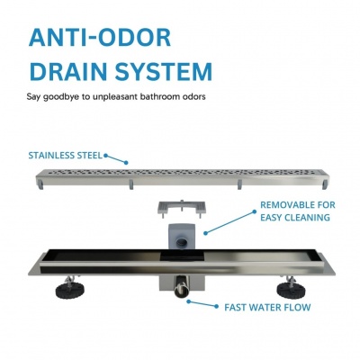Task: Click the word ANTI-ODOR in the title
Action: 100,38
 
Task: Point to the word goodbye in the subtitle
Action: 62,97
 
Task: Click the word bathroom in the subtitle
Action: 160,97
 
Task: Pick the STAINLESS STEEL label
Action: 66,156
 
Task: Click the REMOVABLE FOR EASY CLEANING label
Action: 298,211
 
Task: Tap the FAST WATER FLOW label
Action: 267,307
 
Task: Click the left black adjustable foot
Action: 69,288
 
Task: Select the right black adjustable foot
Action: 291,288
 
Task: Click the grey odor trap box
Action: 182,237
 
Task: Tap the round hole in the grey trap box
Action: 182,242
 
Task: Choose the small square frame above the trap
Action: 182,208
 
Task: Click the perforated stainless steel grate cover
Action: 182,178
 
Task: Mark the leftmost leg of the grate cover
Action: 40,184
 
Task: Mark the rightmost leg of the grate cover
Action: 324,184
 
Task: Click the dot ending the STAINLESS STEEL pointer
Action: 126,163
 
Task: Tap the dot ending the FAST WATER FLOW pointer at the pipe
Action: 188,301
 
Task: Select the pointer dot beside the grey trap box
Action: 205,233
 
